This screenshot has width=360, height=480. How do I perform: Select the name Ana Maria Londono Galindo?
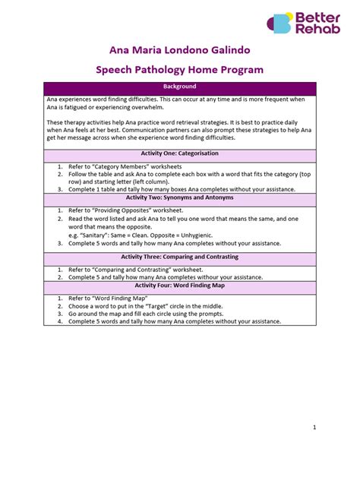tap(180, 50)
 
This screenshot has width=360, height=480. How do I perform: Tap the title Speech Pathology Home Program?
tap(180, 70)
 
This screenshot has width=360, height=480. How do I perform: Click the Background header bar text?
tap(180, 87)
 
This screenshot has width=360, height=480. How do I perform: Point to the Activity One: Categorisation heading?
tap(180, 155)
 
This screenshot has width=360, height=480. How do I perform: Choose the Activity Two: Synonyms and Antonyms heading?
tap(180, 197)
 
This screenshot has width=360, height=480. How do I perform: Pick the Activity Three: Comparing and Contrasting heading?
tap(180, 257)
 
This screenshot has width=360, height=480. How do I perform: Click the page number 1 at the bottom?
tap(314, 428)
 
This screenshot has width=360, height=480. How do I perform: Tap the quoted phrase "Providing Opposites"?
tap(126, 209)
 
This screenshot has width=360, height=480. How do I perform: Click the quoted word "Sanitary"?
tap(92, 235)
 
